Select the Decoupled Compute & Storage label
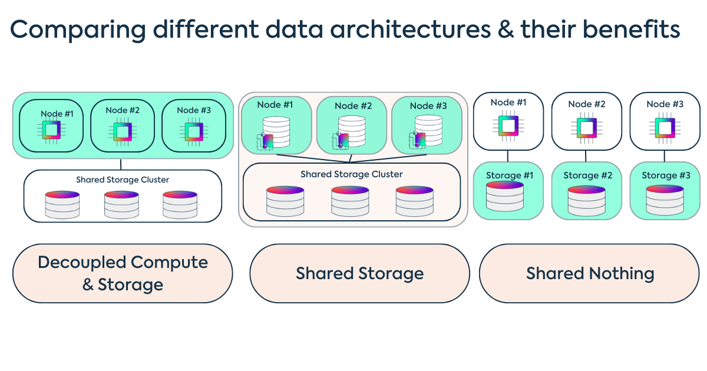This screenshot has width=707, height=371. (123, 273)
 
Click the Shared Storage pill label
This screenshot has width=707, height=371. (359, 273)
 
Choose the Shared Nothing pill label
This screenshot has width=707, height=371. (590, 273)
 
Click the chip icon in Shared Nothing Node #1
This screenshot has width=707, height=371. (508, 126)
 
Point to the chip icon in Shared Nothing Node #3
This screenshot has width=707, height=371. (665, 127)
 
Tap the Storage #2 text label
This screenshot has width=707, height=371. (587, 175)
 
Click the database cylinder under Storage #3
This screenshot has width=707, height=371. (665, 200)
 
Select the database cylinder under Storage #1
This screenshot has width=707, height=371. (504, 197)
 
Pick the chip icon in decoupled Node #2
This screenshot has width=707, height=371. (123, 130)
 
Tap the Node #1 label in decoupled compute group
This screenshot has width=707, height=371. (57, 113)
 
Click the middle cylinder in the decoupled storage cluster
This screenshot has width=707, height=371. (121, 204)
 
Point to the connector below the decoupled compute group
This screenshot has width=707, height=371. (121, 164)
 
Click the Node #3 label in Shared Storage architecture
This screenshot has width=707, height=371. (428, 106)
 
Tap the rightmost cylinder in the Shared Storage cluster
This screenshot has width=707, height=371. (414, 201)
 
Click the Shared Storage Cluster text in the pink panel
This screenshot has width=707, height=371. (352, 174)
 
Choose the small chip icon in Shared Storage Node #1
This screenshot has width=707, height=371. (266, 141)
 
